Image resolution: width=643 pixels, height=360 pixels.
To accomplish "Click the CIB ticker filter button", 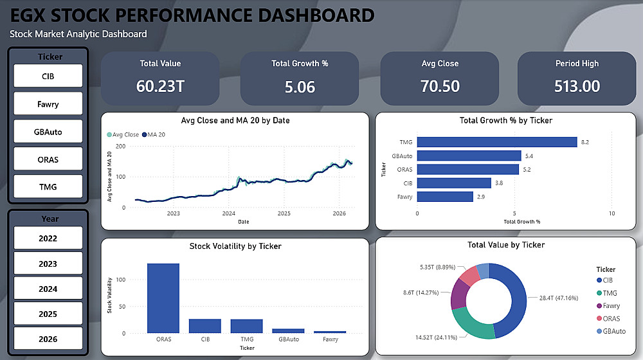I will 48,76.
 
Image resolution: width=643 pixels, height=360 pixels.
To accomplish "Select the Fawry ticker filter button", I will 48,104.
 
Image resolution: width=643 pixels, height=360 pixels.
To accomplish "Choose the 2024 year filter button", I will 48,289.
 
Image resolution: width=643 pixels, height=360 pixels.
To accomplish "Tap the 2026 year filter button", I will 48,339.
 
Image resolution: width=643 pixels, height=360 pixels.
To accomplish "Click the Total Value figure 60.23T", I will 160,86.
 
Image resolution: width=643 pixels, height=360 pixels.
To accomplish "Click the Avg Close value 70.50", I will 440,86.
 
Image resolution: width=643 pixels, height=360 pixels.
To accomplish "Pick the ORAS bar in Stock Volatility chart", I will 163,298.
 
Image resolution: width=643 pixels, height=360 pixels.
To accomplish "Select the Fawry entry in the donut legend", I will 611,306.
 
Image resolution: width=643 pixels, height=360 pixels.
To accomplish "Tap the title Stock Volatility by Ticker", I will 235,246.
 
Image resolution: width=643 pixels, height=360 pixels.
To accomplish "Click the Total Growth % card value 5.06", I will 300,86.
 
